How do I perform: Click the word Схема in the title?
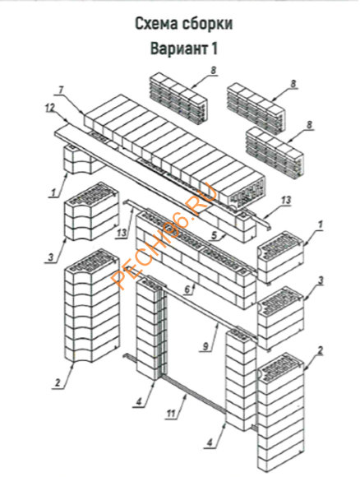157,24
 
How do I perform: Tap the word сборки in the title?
208,24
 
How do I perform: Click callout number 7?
61,90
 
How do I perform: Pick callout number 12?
49,108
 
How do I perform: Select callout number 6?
187,289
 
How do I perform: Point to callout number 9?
207,347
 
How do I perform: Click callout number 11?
171,414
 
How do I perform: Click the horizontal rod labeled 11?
194,396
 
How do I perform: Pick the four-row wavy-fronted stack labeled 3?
91,212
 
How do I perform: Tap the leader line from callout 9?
215,335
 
